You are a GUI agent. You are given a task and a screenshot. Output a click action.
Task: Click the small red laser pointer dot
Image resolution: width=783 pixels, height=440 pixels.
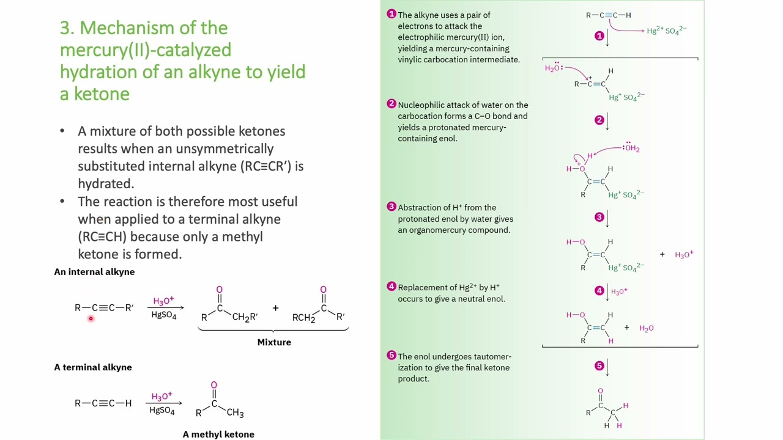coord(91,318)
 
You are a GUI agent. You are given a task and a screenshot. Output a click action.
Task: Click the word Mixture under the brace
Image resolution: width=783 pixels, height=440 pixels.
coord(274,342)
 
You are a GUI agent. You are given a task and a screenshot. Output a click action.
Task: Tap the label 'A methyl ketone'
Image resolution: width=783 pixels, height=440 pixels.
coord(218,435)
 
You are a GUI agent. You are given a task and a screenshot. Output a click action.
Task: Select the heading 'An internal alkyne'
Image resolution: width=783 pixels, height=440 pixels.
coord(94,272)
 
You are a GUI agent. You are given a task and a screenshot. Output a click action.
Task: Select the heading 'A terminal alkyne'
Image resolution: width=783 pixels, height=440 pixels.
coord(93,367)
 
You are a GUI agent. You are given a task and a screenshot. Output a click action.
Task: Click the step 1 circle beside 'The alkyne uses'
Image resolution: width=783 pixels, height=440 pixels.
coord(391,14)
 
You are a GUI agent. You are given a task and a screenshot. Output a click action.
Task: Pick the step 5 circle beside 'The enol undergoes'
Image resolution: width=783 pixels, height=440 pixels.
coord(391,356)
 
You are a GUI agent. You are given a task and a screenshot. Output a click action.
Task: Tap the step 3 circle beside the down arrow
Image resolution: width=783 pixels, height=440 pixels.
coord(599,217)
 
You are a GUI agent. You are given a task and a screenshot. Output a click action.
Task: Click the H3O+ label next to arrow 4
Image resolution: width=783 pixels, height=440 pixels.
coord(620,291)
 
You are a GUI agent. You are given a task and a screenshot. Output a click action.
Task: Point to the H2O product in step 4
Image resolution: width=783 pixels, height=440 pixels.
coord(647,328)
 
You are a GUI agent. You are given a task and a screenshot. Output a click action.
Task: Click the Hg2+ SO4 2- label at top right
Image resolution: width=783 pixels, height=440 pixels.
coord(667,31)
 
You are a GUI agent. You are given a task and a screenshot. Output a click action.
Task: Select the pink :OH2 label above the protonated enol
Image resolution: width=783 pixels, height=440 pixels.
coord(631,148)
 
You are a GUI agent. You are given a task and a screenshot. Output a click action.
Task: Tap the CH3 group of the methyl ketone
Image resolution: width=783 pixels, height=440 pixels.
coord(236,413)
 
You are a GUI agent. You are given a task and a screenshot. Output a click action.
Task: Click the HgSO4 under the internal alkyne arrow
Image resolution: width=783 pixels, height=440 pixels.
coord(164,315)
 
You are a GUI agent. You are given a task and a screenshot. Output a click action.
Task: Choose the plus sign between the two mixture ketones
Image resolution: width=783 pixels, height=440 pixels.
coord(275,308)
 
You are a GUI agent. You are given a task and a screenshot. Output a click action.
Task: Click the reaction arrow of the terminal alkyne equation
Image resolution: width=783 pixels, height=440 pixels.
coord(164,403)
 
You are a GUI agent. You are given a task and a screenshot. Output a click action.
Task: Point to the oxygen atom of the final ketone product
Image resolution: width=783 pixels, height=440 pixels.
coord(600,391)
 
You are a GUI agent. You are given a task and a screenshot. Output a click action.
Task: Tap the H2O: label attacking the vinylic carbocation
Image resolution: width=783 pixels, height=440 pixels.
coord(554,68)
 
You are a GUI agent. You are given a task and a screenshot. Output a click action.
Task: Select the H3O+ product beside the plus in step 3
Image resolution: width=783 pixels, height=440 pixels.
coord(684,255)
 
